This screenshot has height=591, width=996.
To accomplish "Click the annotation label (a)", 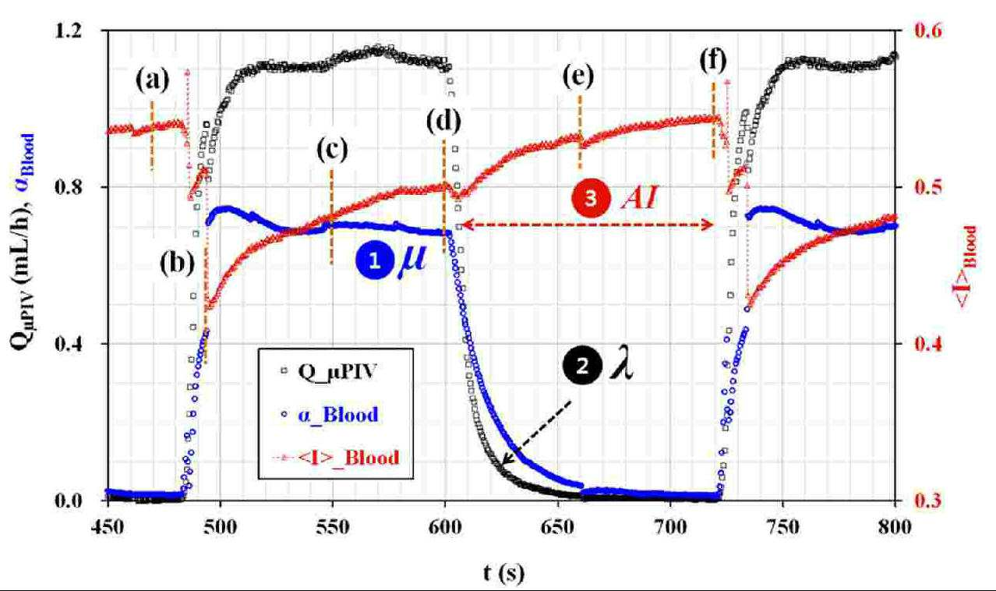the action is pos(153,80).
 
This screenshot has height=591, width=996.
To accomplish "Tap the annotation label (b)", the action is pos(178,264).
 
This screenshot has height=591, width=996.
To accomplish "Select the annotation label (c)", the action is pos(332,150).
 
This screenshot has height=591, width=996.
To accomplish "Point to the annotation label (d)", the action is pos(443,122).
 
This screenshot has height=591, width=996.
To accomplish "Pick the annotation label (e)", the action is pos(578,76).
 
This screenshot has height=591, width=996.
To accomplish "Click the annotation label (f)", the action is pos(713,60).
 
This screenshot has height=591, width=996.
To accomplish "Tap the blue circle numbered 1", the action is pos(375,260).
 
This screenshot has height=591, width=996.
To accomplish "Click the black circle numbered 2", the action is pos(582,366).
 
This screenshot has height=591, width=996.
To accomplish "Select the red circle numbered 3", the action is pos(591,198).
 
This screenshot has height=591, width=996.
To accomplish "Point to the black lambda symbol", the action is pos(620,365).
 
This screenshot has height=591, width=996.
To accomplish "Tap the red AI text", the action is pos(640,198).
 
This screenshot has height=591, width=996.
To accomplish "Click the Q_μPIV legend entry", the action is pos(329,371).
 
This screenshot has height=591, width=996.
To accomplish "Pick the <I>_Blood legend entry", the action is pos(336,458).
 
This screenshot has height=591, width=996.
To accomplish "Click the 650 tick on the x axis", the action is pos(557,527).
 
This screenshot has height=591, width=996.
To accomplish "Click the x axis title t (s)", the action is pos(503,572).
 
